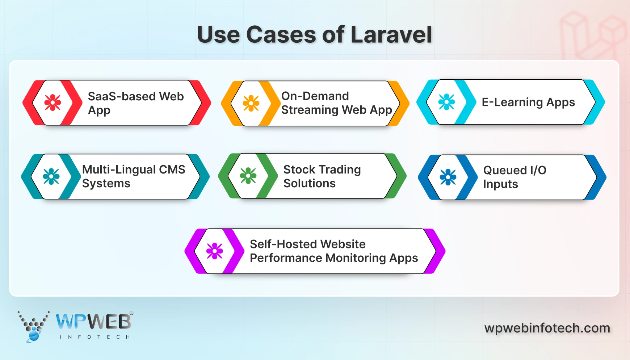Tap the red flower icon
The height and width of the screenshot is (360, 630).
53,102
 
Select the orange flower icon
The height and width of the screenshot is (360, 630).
251,103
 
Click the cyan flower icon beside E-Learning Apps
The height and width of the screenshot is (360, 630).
446,102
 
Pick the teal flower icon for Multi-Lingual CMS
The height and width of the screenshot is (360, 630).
51,176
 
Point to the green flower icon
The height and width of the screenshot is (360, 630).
248,176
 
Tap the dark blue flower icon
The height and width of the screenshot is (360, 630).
448,177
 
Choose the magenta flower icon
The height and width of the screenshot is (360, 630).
215,251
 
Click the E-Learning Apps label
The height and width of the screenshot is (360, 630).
528,102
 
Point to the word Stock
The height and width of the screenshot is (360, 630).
299,169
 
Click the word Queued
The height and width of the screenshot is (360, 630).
505,170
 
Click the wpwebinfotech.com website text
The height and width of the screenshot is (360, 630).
547,328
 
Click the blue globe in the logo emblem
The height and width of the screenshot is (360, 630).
34,335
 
